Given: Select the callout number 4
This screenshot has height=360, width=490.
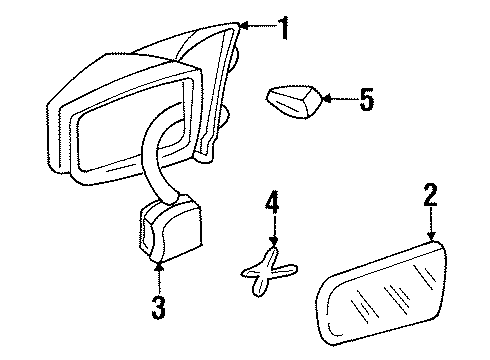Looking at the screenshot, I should [269, 207].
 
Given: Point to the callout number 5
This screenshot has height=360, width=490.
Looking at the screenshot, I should [365, 100].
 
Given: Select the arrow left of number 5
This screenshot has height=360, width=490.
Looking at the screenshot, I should [325, 99].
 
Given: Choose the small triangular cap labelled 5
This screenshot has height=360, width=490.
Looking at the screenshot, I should [293, 100].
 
